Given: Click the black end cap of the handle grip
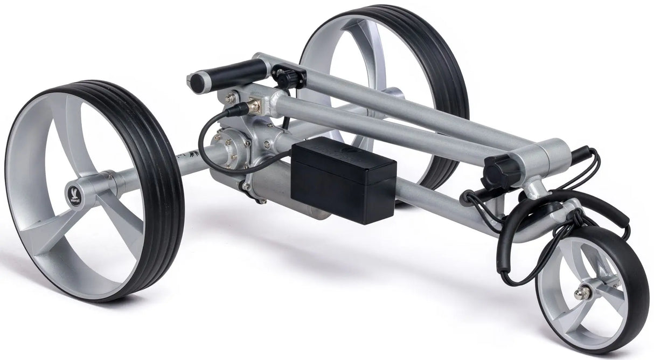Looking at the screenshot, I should pos(199,81).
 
